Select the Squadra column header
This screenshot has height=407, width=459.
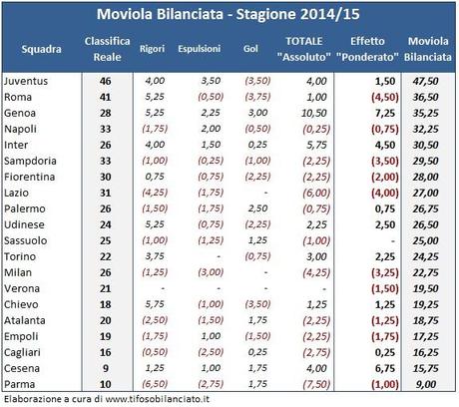[40, 48]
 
